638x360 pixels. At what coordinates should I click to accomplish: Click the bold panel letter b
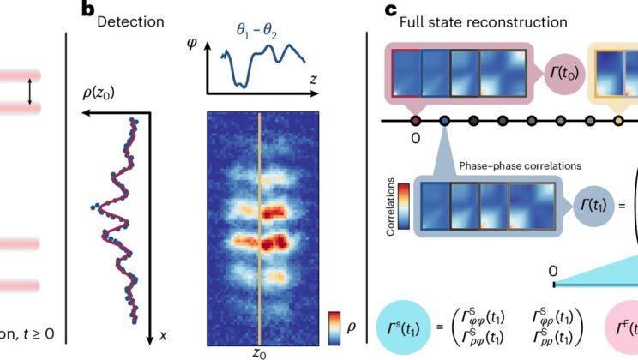point(87,11)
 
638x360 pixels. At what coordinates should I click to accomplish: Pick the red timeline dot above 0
point(416,122)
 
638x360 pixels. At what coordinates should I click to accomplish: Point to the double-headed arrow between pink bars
point(30,91)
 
